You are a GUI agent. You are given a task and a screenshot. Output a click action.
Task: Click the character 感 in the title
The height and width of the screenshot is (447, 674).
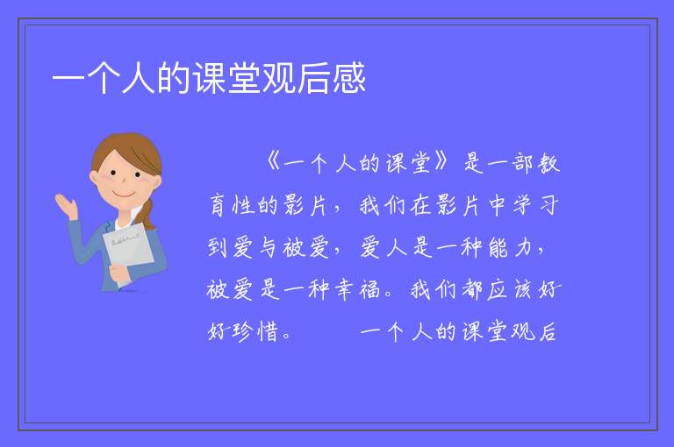pyautogui.click(x=348, y=78)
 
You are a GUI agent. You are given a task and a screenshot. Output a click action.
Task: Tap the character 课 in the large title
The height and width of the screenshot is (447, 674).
pyautogui.click(x=210, y=78)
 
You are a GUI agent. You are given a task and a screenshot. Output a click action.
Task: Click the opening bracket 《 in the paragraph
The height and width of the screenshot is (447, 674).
pyautogui.click(x=274, y=163)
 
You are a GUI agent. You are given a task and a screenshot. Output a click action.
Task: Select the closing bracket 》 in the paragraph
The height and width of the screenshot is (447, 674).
pyautogui.click(x=441, y=163)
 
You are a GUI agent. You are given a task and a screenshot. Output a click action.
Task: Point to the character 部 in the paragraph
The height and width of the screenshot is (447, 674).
pyautogui.click(x=522, y=164)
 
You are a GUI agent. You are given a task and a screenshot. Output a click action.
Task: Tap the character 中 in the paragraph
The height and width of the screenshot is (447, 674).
pyautogui.click(x=497, y=205)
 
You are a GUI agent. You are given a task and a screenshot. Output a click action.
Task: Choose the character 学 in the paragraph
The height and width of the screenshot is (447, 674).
pyautogui.click(x=522, y=205)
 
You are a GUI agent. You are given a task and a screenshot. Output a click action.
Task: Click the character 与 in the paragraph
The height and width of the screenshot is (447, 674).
pyautogui.click(x=269, y=248)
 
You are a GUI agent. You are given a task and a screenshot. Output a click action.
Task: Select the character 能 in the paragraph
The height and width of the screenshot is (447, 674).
pyautogui.click(x=498, y=248)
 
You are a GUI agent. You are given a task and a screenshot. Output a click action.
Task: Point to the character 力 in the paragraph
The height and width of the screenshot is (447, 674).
pyautogui.click(x=523, y=248)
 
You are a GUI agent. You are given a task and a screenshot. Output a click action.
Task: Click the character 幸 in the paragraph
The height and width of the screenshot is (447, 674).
pyautogui.click(x=344, y=289)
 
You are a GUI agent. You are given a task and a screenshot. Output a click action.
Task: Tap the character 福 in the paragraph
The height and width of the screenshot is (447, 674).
pyautogui.click(x=369, y=289)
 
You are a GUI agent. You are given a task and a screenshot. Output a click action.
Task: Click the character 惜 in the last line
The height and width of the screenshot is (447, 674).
pyautogui.click(x=269, y=332)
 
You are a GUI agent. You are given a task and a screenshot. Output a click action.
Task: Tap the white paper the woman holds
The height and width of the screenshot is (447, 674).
pyautogui.click(x=128, y=250)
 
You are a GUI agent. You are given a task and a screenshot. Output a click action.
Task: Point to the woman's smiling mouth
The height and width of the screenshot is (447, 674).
pyautogui.click(x=124, y=195)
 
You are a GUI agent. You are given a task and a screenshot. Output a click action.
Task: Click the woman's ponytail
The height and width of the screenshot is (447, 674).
pyautogui.click(x=147, y=216)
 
